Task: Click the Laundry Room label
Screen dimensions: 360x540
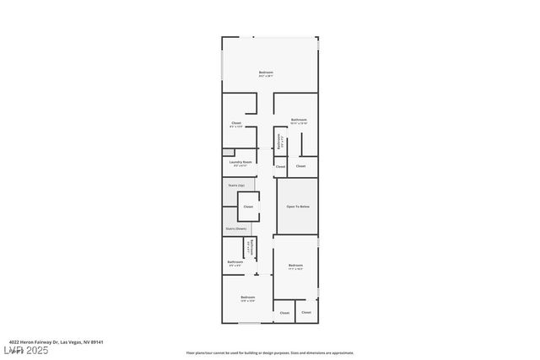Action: pyautogui.click(x=242, y=161)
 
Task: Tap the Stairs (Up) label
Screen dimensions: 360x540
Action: pyautogui.click(x=236, y=184)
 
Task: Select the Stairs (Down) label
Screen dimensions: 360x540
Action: pyautogui.click(x=236, y=228)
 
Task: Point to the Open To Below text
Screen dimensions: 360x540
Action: pyautogui.click(x=298, y=207)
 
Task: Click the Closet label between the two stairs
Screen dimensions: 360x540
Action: pyautogui.click(x=248, y=207)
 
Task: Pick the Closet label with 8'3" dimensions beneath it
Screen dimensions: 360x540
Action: pyautogui.click(x=236, y=123)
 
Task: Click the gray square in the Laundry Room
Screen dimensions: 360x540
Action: pyautogui.click(x=228, y=153)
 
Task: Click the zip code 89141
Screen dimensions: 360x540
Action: pyautogui.click(x=98, y=341)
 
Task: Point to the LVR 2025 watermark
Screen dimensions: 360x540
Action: pyautogui.click(x=25, y=350)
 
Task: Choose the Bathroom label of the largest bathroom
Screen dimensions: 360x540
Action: pyautogui.click(x=299, y=120)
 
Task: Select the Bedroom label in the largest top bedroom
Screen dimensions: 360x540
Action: pyautogui.click(x=266, y=73)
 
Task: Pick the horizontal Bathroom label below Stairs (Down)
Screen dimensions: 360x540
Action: pyautogui.click(x=235, y=262)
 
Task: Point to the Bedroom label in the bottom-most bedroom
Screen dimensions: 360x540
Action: pyautogui.click(x=248, y=297)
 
